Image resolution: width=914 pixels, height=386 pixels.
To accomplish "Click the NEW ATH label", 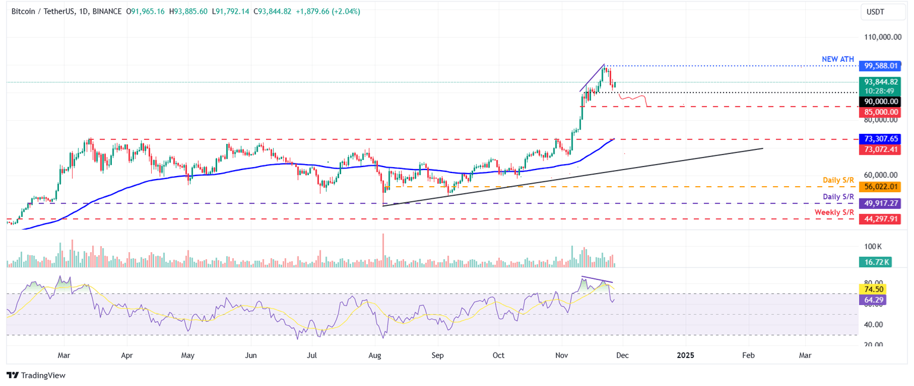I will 838,59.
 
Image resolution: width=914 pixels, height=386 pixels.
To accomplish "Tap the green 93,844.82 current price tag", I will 879,82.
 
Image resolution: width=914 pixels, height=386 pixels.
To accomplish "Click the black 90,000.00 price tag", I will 879,102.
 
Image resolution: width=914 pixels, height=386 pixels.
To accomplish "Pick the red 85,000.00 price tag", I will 879,112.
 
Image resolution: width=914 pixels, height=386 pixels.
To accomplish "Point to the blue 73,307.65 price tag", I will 879,138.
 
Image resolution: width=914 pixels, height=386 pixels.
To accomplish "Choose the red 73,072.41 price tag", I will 879,149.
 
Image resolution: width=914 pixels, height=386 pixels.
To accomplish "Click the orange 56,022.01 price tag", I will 879,187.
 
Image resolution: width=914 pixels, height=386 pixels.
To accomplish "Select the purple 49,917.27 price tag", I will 879,203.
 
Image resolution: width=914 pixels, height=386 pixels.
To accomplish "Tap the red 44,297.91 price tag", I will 879,219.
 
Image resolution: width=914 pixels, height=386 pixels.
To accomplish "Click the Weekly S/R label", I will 834,212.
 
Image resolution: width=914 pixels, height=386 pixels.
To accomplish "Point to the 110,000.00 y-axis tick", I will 881,37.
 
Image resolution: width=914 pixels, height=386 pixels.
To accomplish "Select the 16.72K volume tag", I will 875,262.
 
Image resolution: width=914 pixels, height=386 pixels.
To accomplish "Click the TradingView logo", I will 36,375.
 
